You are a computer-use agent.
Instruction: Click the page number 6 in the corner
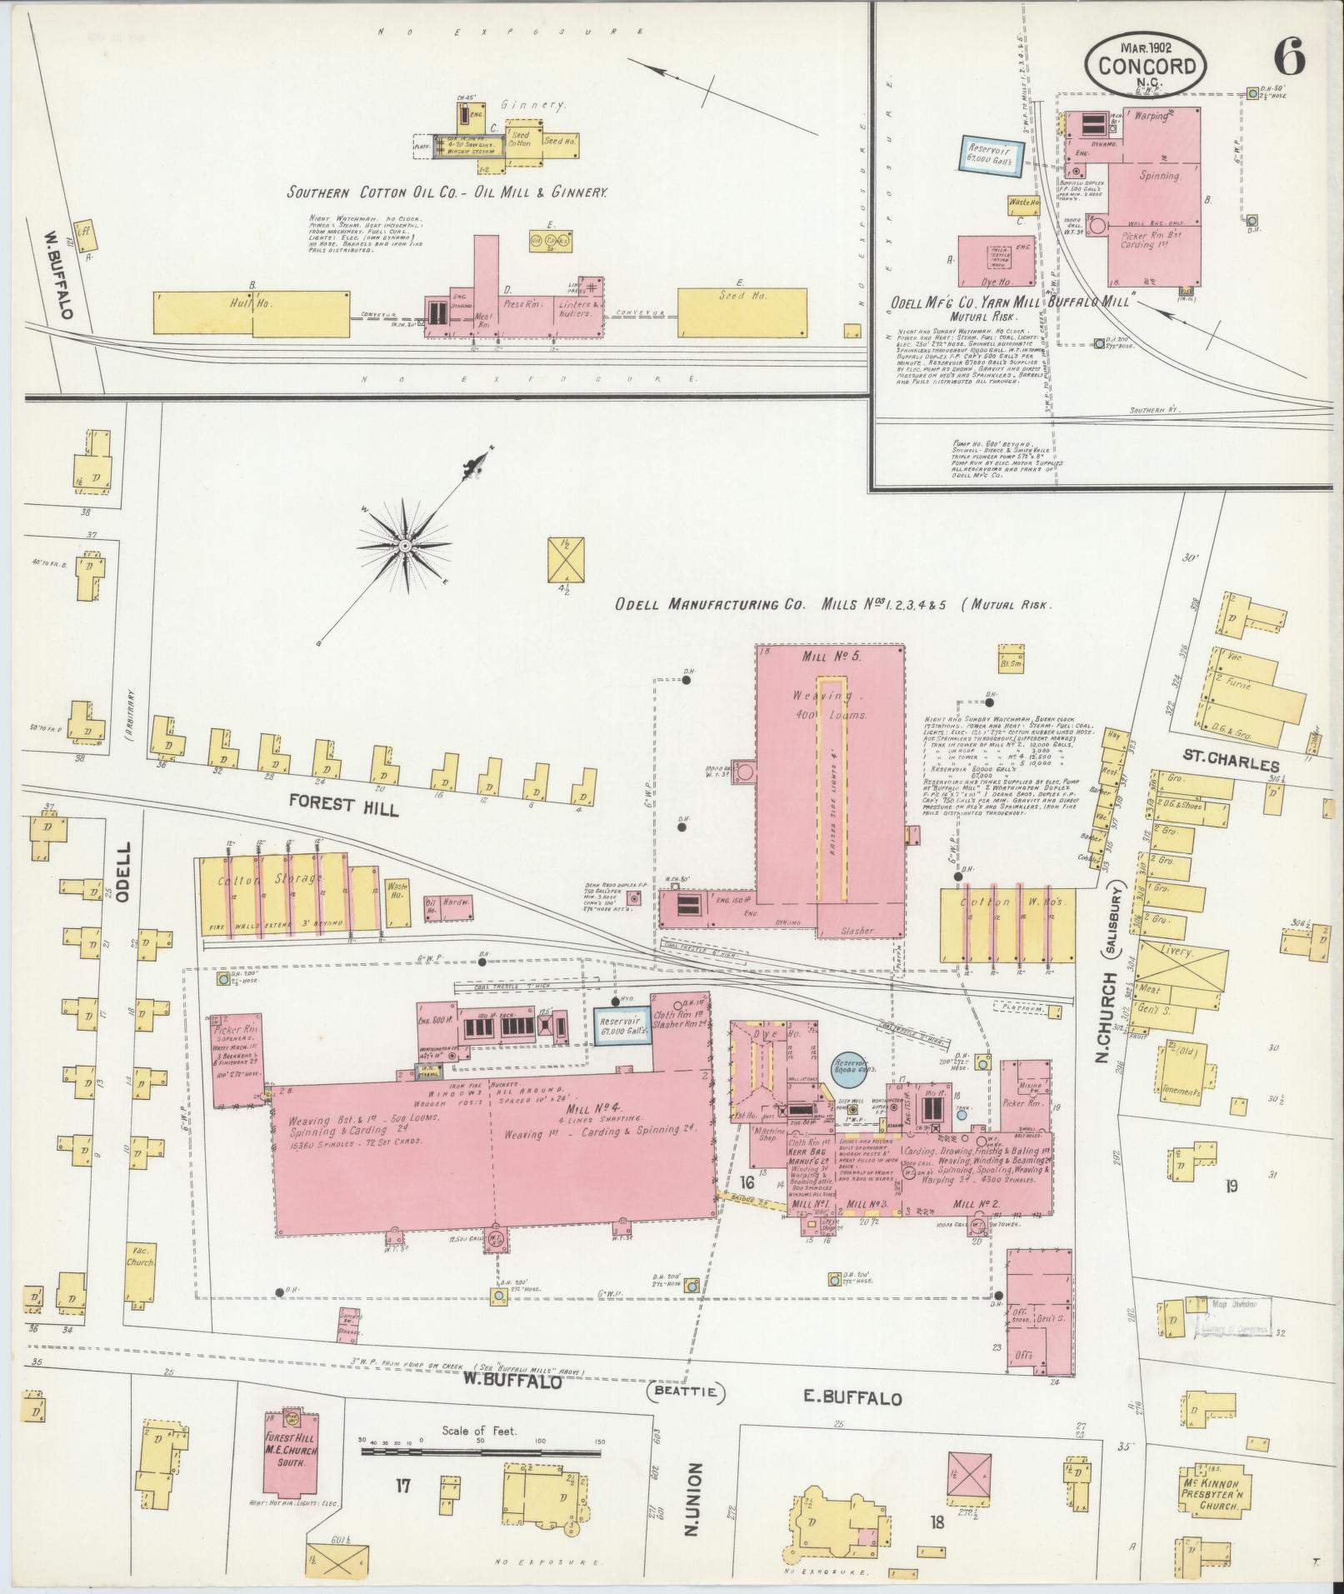1288,61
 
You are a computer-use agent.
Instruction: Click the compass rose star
404,547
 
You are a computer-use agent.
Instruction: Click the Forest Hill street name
343,806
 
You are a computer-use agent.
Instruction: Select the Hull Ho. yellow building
252,312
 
